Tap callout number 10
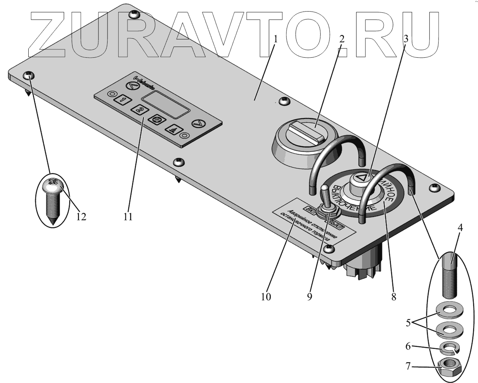(x=266, y=297)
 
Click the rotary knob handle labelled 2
(x=306, y=132)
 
